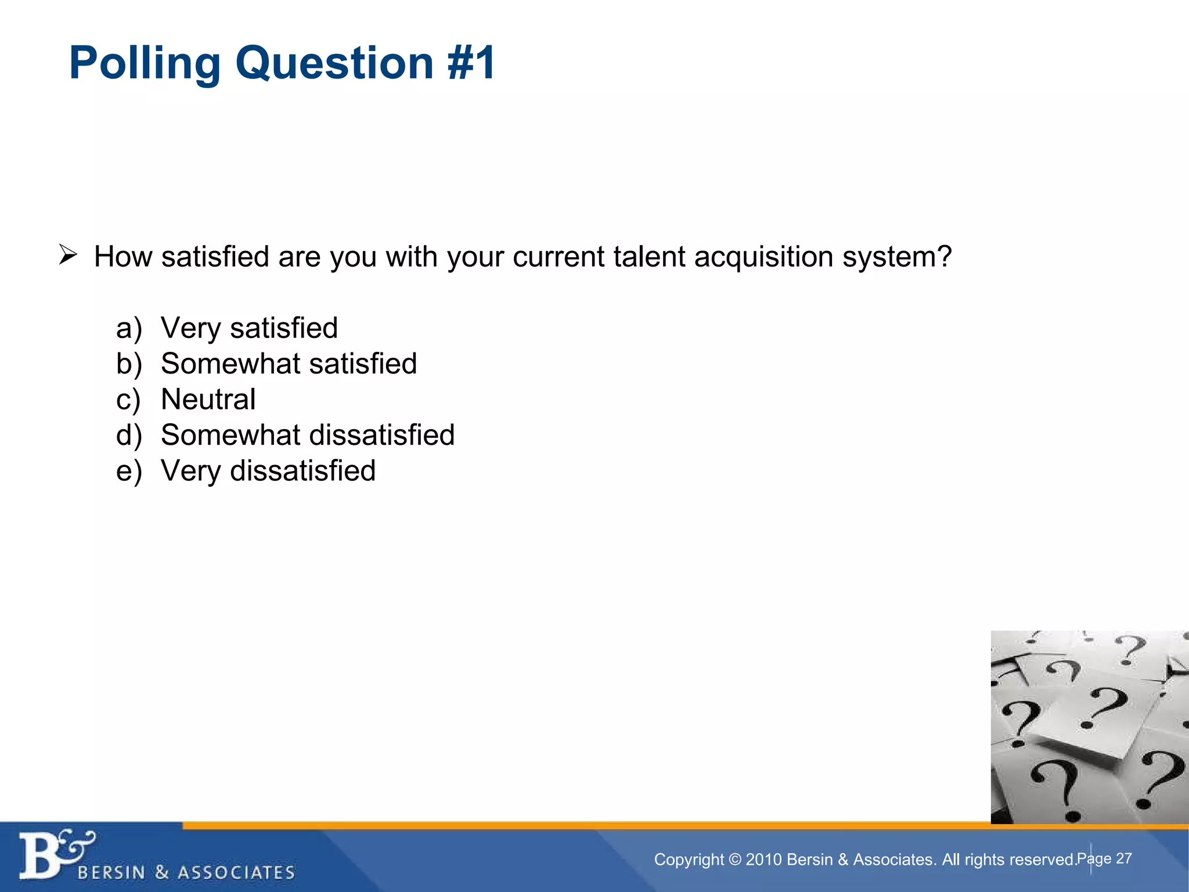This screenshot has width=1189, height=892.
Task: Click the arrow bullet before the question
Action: pos(68,255)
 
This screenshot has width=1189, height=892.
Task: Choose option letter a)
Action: pos(129,328)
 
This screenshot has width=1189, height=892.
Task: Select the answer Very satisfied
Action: pos(249,328)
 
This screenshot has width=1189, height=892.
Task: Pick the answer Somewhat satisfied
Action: pos(289,364)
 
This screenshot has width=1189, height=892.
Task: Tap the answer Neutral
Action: pos(208,400)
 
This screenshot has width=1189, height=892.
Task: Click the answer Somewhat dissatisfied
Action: pos(308,435)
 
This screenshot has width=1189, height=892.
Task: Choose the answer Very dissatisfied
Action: pos(268,470)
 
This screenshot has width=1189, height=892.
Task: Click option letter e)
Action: pos(129,470)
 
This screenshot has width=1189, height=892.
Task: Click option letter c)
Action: pos(128,400)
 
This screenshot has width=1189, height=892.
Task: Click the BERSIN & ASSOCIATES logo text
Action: pos(186,872)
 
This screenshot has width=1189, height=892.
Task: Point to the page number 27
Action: pos(1124,858)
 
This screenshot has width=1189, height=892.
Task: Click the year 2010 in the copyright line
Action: pos(763,859)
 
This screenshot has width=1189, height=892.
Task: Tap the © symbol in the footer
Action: pos(734,859)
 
